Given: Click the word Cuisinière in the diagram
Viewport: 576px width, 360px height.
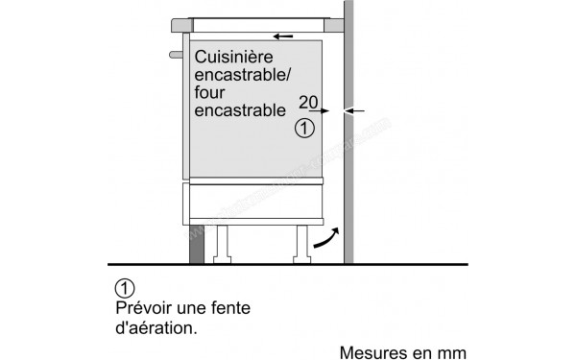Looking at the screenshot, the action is coord(235,59).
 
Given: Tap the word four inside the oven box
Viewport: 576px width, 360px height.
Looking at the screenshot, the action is coord(208,93).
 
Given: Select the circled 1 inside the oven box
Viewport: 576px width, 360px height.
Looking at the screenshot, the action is coord(304,128).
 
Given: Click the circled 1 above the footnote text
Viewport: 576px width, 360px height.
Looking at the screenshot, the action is coord(123,287).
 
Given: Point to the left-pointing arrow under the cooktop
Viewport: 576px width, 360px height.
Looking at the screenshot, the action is coord(282,36).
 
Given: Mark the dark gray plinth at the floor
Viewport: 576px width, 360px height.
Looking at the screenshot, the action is coord(198,244).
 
